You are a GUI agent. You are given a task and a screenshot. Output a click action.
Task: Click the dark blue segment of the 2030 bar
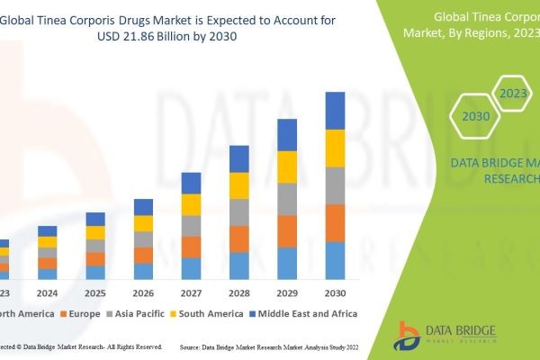[335, 111]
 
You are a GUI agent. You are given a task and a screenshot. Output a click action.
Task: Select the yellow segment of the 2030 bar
[335, 148]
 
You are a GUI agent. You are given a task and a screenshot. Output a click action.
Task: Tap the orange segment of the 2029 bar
[287, 231]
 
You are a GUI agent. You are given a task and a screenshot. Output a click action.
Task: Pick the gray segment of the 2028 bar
[238, 212]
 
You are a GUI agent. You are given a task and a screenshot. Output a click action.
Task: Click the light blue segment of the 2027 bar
[191, 268]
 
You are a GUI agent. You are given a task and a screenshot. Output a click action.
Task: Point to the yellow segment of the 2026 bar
[143, 223]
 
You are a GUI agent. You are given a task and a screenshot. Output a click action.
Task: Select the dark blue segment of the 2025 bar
[95, 219]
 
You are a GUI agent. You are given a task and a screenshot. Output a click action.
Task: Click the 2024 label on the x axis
[47, 292]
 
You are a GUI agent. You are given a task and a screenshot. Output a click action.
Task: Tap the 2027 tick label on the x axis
[191, 292]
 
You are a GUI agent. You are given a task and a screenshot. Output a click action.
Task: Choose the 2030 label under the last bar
[335, 292]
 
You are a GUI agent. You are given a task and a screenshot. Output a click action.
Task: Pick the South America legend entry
[209, 313]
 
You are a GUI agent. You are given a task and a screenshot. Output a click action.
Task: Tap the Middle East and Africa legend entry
[306, 313]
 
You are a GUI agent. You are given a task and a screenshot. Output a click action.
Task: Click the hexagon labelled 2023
[513, 93]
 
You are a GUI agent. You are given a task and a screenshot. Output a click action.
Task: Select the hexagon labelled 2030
[476, 116]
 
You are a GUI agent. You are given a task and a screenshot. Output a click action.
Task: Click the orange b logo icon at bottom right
[409, 335]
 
